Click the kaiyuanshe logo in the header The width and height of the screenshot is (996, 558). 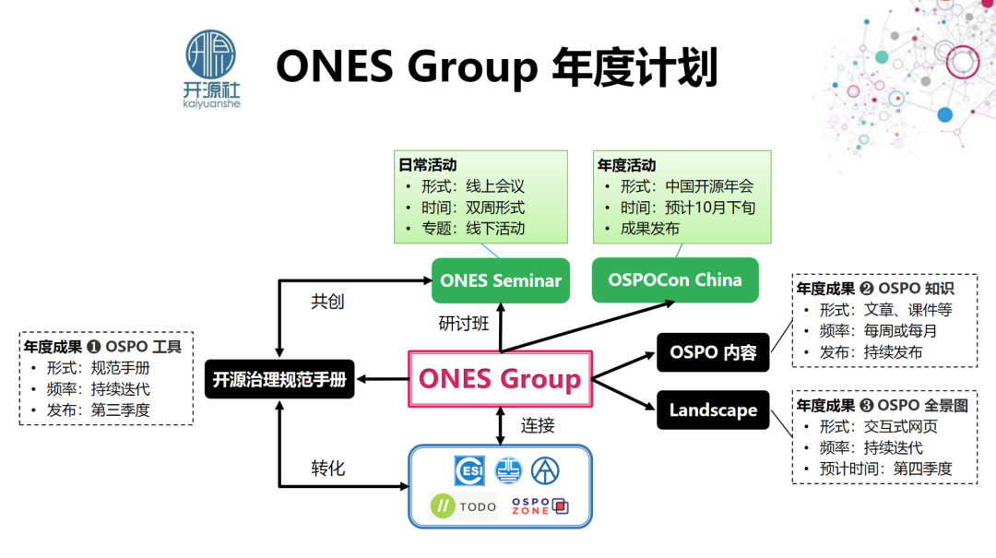[x=211, y=69]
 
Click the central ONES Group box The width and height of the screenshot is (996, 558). [x=500, y=378]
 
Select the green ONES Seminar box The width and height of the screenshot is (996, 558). [x=501, y=280]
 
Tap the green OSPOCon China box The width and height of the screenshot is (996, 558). [x=675, y=279]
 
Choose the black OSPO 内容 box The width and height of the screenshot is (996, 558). [x=713, y=352]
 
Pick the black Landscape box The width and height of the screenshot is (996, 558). [x=713, y=410]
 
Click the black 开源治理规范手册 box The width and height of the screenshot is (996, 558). [x=279, y=379]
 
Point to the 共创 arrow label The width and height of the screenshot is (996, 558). [x=327, y=302]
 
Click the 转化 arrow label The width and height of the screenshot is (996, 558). [x=327, y=468]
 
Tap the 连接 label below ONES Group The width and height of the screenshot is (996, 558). [x=538, y=425]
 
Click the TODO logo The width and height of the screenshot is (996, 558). [x=464, y=506]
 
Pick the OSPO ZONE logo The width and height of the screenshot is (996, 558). [x=539, y=506]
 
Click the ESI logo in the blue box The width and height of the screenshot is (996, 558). [x=469, y=470]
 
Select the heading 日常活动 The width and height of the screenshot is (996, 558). [x=427, y=166]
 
